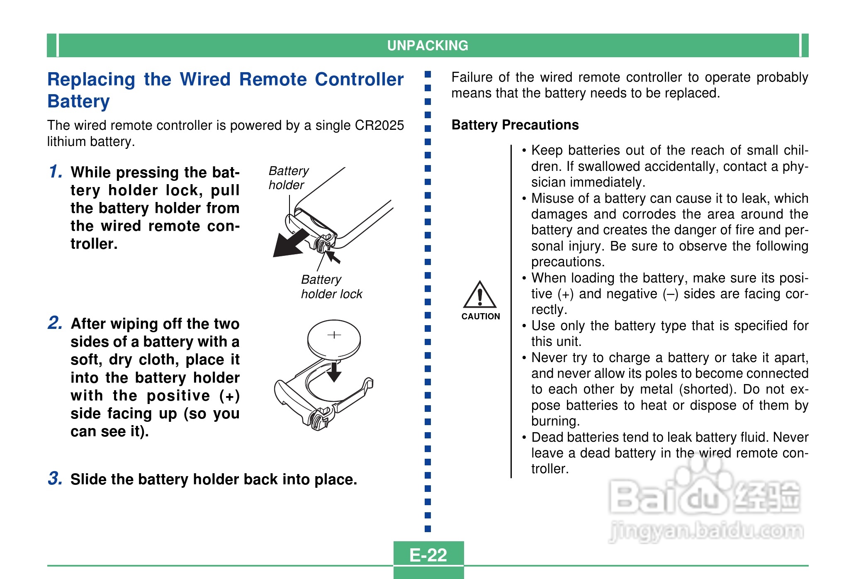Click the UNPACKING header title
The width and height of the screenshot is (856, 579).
point(428,45)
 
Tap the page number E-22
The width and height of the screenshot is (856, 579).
point(428,555)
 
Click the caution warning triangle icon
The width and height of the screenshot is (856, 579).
point(480,295)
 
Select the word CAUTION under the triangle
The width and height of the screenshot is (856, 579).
point(481,316)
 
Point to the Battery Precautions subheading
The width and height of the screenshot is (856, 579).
point(515,125)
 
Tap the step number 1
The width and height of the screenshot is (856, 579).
point(56,172)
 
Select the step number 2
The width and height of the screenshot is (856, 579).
point(55,323)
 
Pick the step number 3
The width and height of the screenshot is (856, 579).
point(55,478)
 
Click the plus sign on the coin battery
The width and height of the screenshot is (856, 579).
point(334,335)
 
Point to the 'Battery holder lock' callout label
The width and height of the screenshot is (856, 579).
point(331,287)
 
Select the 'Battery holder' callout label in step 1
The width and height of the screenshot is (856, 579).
point(288,178)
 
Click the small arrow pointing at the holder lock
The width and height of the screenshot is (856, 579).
point(333,258)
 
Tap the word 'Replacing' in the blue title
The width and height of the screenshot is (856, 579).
point(91,79)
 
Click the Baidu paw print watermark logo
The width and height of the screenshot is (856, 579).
point(701,481)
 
